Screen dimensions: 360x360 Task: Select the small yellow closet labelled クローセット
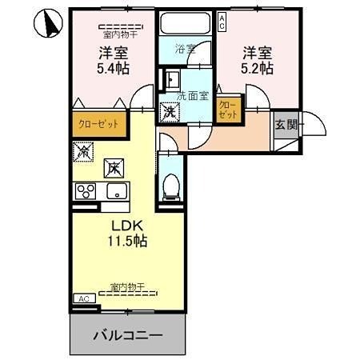227,110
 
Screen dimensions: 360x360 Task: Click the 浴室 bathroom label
186,50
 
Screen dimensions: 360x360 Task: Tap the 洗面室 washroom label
192,96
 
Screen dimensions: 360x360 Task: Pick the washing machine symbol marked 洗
170,110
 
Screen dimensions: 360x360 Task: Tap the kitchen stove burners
85,191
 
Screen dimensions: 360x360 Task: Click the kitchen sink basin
116,191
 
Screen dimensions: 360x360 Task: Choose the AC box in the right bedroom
222,22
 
